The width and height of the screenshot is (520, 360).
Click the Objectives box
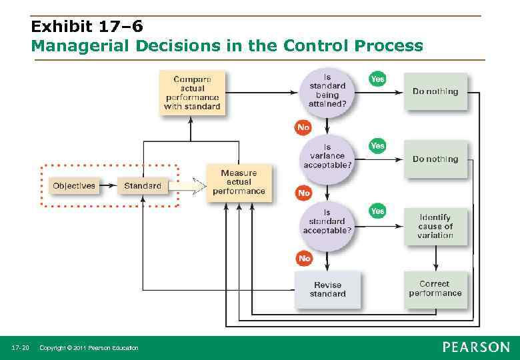pyautogui.click(x=74, y=185)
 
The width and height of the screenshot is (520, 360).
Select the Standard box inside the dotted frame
pyautogui.click(x=143, y=185)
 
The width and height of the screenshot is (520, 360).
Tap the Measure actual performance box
pyautogui.click(x=239, y=182)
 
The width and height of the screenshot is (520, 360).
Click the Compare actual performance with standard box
pyautogui.click(x=192, y=93)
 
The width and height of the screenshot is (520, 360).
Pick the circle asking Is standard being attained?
pyautogui.click(x=327, y=91)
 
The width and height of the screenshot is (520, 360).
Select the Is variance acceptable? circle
pyautogui.click(x=327, y=156)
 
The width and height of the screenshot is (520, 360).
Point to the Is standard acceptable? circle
pyautogui.click(x=327, y=221)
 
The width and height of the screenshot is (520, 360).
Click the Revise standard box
pyautogui.click(x=327, y=289)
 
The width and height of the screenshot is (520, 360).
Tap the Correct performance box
pyautogui.click(x=435, y=289)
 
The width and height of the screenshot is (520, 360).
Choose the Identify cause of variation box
pyautogui.click(x=435, y=226)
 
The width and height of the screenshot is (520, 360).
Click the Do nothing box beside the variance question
pyautogui.click(x=435, y=159)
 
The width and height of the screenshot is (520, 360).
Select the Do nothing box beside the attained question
pyautogui.click(x=435, y=91)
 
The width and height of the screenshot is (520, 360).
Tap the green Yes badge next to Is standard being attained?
pyautogui.click(x=377, y=79)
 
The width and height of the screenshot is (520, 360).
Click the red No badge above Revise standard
pyautogui.click(x=304, y=258)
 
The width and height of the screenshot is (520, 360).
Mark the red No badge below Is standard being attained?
pyautogui.click(x=304, y=127)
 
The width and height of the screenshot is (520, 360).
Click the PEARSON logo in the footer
pyautogui.click(x=475, y=347)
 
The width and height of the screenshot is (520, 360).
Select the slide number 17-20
pyautogui.click(x=21, y=348)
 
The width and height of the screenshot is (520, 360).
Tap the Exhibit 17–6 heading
pyautogui.click(x=87, y=27)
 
